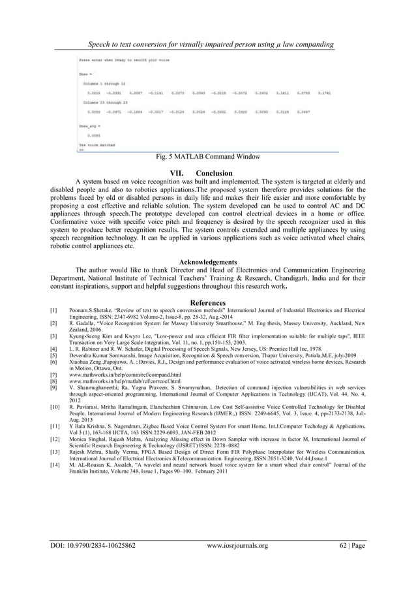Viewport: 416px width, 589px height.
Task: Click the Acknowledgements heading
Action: point(208,262)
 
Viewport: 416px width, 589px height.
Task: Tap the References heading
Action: point(208,302)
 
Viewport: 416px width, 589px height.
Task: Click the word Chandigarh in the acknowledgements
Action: point(290,278)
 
